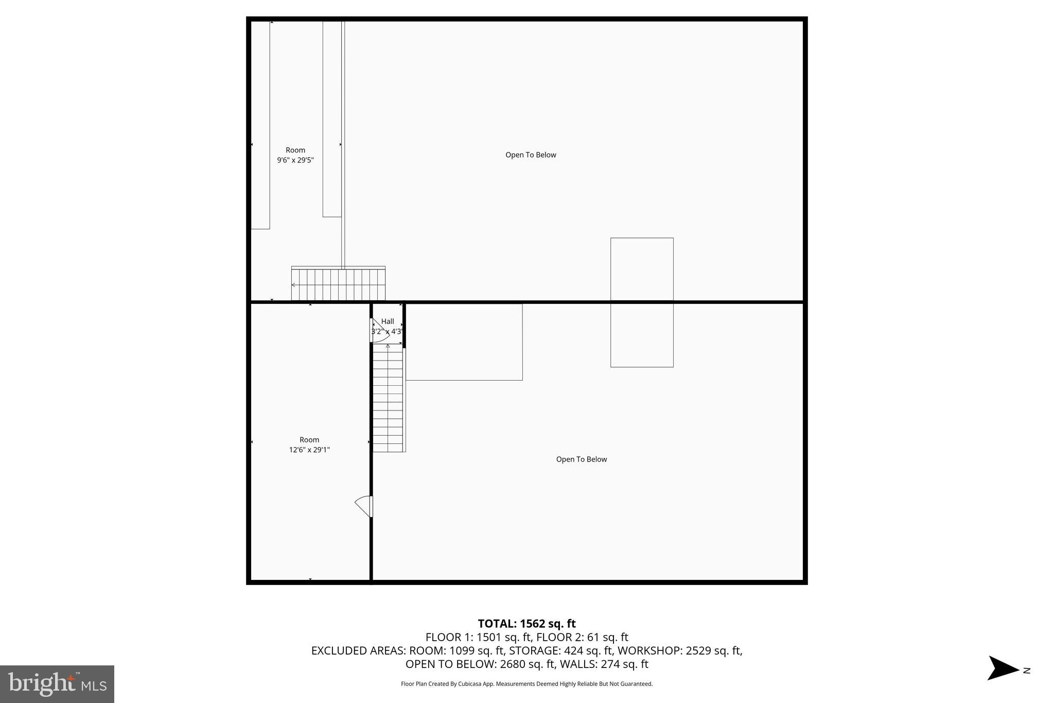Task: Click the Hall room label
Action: pyautogui.click(x=388, y=321)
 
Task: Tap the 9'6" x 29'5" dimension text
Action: pyautogui.click(x=295, y=160)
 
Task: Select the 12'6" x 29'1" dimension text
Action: pyautogui.click(x=309, y=450)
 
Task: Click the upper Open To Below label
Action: pyautogui.click(x=531, y=155)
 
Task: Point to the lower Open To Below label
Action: pyautogui.click(x=582, y=459)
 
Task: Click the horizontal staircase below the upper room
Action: pyautogui.click(x=338, y=284)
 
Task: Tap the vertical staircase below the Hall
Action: pyautogui.click(x=388, y=399)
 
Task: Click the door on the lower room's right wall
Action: pyautogui.click(x=364, y=506)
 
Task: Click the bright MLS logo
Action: pyautogui.click(x=57, y=684)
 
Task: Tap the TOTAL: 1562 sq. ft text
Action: pyautogui.click(x=526, y=624)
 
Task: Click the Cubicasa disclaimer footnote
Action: pyautogui.click(x=526, y=684)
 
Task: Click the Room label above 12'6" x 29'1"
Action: pyautogui.click(x=309, y=440)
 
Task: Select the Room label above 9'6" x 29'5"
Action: pyautogui.click(x=295, y=150)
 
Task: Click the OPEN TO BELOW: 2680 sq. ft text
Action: pyautogui.click(x=480, y=664)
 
